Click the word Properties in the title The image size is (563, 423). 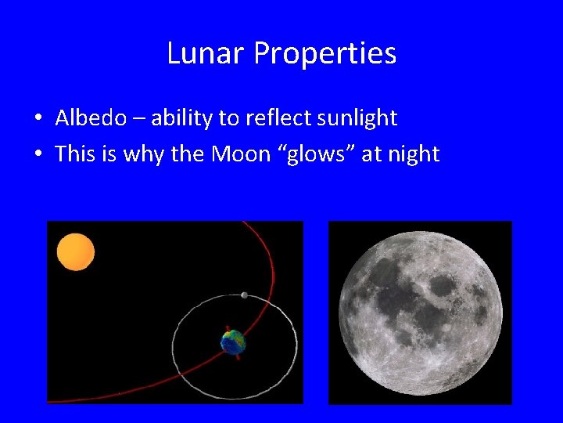pos(325,54)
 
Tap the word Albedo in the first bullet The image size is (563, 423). pos(91,118)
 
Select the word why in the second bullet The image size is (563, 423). pos(131,154)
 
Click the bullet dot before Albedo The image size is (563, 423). pos(38,119)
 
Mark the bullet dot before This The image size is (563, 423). pos(38,154)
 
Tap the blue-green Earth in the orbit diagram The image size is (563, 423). pos(233,342)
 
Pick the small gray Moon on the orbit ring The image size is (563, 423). pos(245,295)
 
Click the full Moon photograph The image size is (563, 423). pos(420,313)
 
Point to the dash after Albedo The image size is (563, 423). pos(138,119)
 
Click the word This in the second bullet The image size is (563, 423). pos(75,154)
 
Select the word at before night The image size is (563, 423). pos(371,154)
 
